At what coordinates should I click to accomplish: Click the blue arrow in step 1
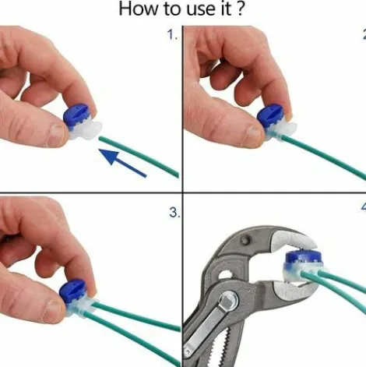pyautogui.click(x=122, y=163)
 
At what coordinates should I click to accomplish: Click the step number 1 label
pyautogui.click(x=172, y=34)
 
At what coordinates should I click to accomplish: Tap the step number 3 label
pyautogui.click(x=174, y=213)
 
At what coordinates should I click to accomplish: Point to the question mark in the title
pyautogui.click(x=241, y=9)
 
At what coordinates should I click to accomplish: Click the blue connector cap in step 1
pyautogui.click(x=76, y=116)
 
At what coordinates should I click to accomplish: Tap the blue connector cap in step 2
pyautogui.click(x=270, y=116)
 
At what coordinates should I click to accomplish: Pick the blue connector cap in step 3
pyautogui.click(x=72, y=291)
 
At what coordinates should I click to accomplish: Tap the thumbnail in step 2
pyautogui.click(x=253, y=133)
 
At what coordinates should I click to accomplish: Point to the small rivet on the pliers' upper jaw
pyautogui.click(x=245, y=239)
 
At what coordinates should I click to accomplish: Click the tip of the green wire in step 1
pyautogui.click(x=100, y=138)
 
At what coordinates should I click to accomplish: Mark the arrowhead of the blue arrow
pyautogui.click(x=108, y=157)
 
